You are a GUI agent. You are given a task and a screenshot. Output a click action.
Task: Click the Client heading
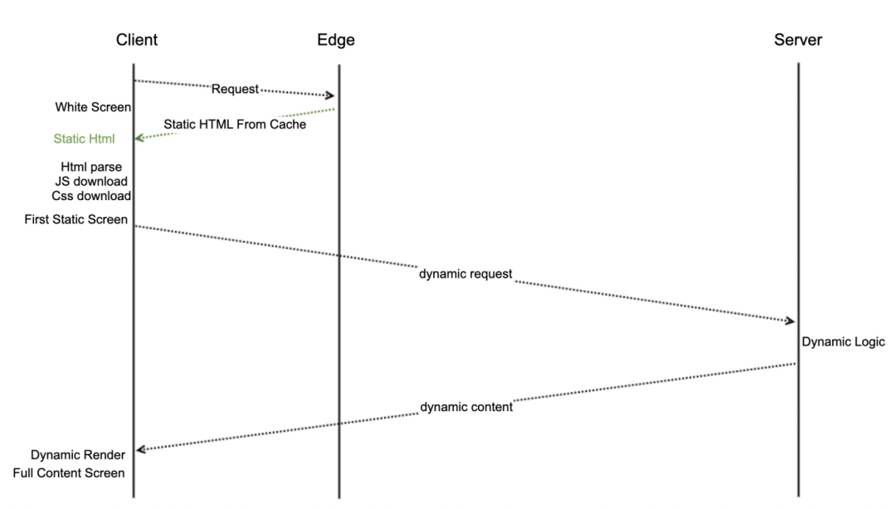pyautogui.click(x=137, y=40)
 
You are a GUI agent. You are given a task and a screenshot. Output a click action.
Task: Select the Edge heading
pyautogui.click(x=336, y=40)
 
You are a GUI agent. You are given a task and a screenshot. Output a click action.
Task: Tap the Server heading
pyautogui.click(x=798, y=40)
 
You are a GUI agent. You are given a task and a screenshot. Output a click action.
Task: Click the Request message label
pyautogui.click(x=236, y=89)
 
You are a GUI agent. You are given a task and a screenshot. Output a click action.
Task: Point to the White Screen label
pyautogui.click(x=94, y=107)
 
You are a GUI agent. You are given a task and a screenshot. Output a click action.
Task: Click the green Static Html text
pyautogui.click(x=84, y=139)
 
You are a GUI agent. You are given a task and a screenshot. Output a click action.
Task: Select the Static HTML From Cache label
pyautogui.click(x=235, y=125)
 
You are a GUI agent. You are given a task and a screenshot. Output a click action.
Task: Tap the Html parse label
pyautogui.click(x=91, y=167)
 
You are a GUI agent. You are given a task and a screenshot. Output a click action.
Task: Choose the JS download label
pyautogui.click(x=90, y=181)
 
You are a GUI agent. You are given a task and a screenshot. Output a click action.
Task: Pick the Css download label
pyautogui.click(x=91, y=196)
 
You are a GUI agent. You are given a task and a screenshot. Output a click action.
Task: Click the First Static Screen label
pyautogui.click(x=81, y=219)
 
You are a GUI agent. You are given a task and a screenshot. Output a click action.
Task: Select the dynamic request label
pyautogui.click(x=465, y=273)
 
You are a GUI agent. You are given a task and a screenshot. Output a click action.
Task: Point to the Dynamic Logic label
pyautogui.click(x=843, y=342)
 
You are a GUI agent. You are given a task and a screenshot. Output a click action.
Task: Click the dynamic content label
pyautogui.click(x=465, y=408)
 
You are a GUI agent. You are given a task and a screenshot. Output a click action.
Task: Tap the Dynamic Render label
pyautogui.click(x=78, y=455)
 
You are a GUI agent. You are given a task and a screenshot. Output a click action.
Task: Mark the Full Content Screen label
pyautogui.click(x=69, y=473)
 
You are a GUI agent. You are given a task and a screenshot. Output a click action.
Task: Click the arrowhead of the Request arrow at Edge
pyautogui.click(x=330, y=96)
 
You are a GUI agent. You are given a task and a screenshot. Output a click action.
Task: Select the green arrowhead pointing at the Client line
pyautogui.click(x=140, y=139)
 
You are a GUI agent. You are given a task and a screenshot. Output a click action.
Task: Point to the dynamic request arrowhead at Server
pyautogui.click(x=790, y=321)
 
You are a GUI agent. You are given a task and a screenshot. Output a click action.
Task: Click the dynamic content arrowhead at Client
pyautogui.click(x=141, y=449)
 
